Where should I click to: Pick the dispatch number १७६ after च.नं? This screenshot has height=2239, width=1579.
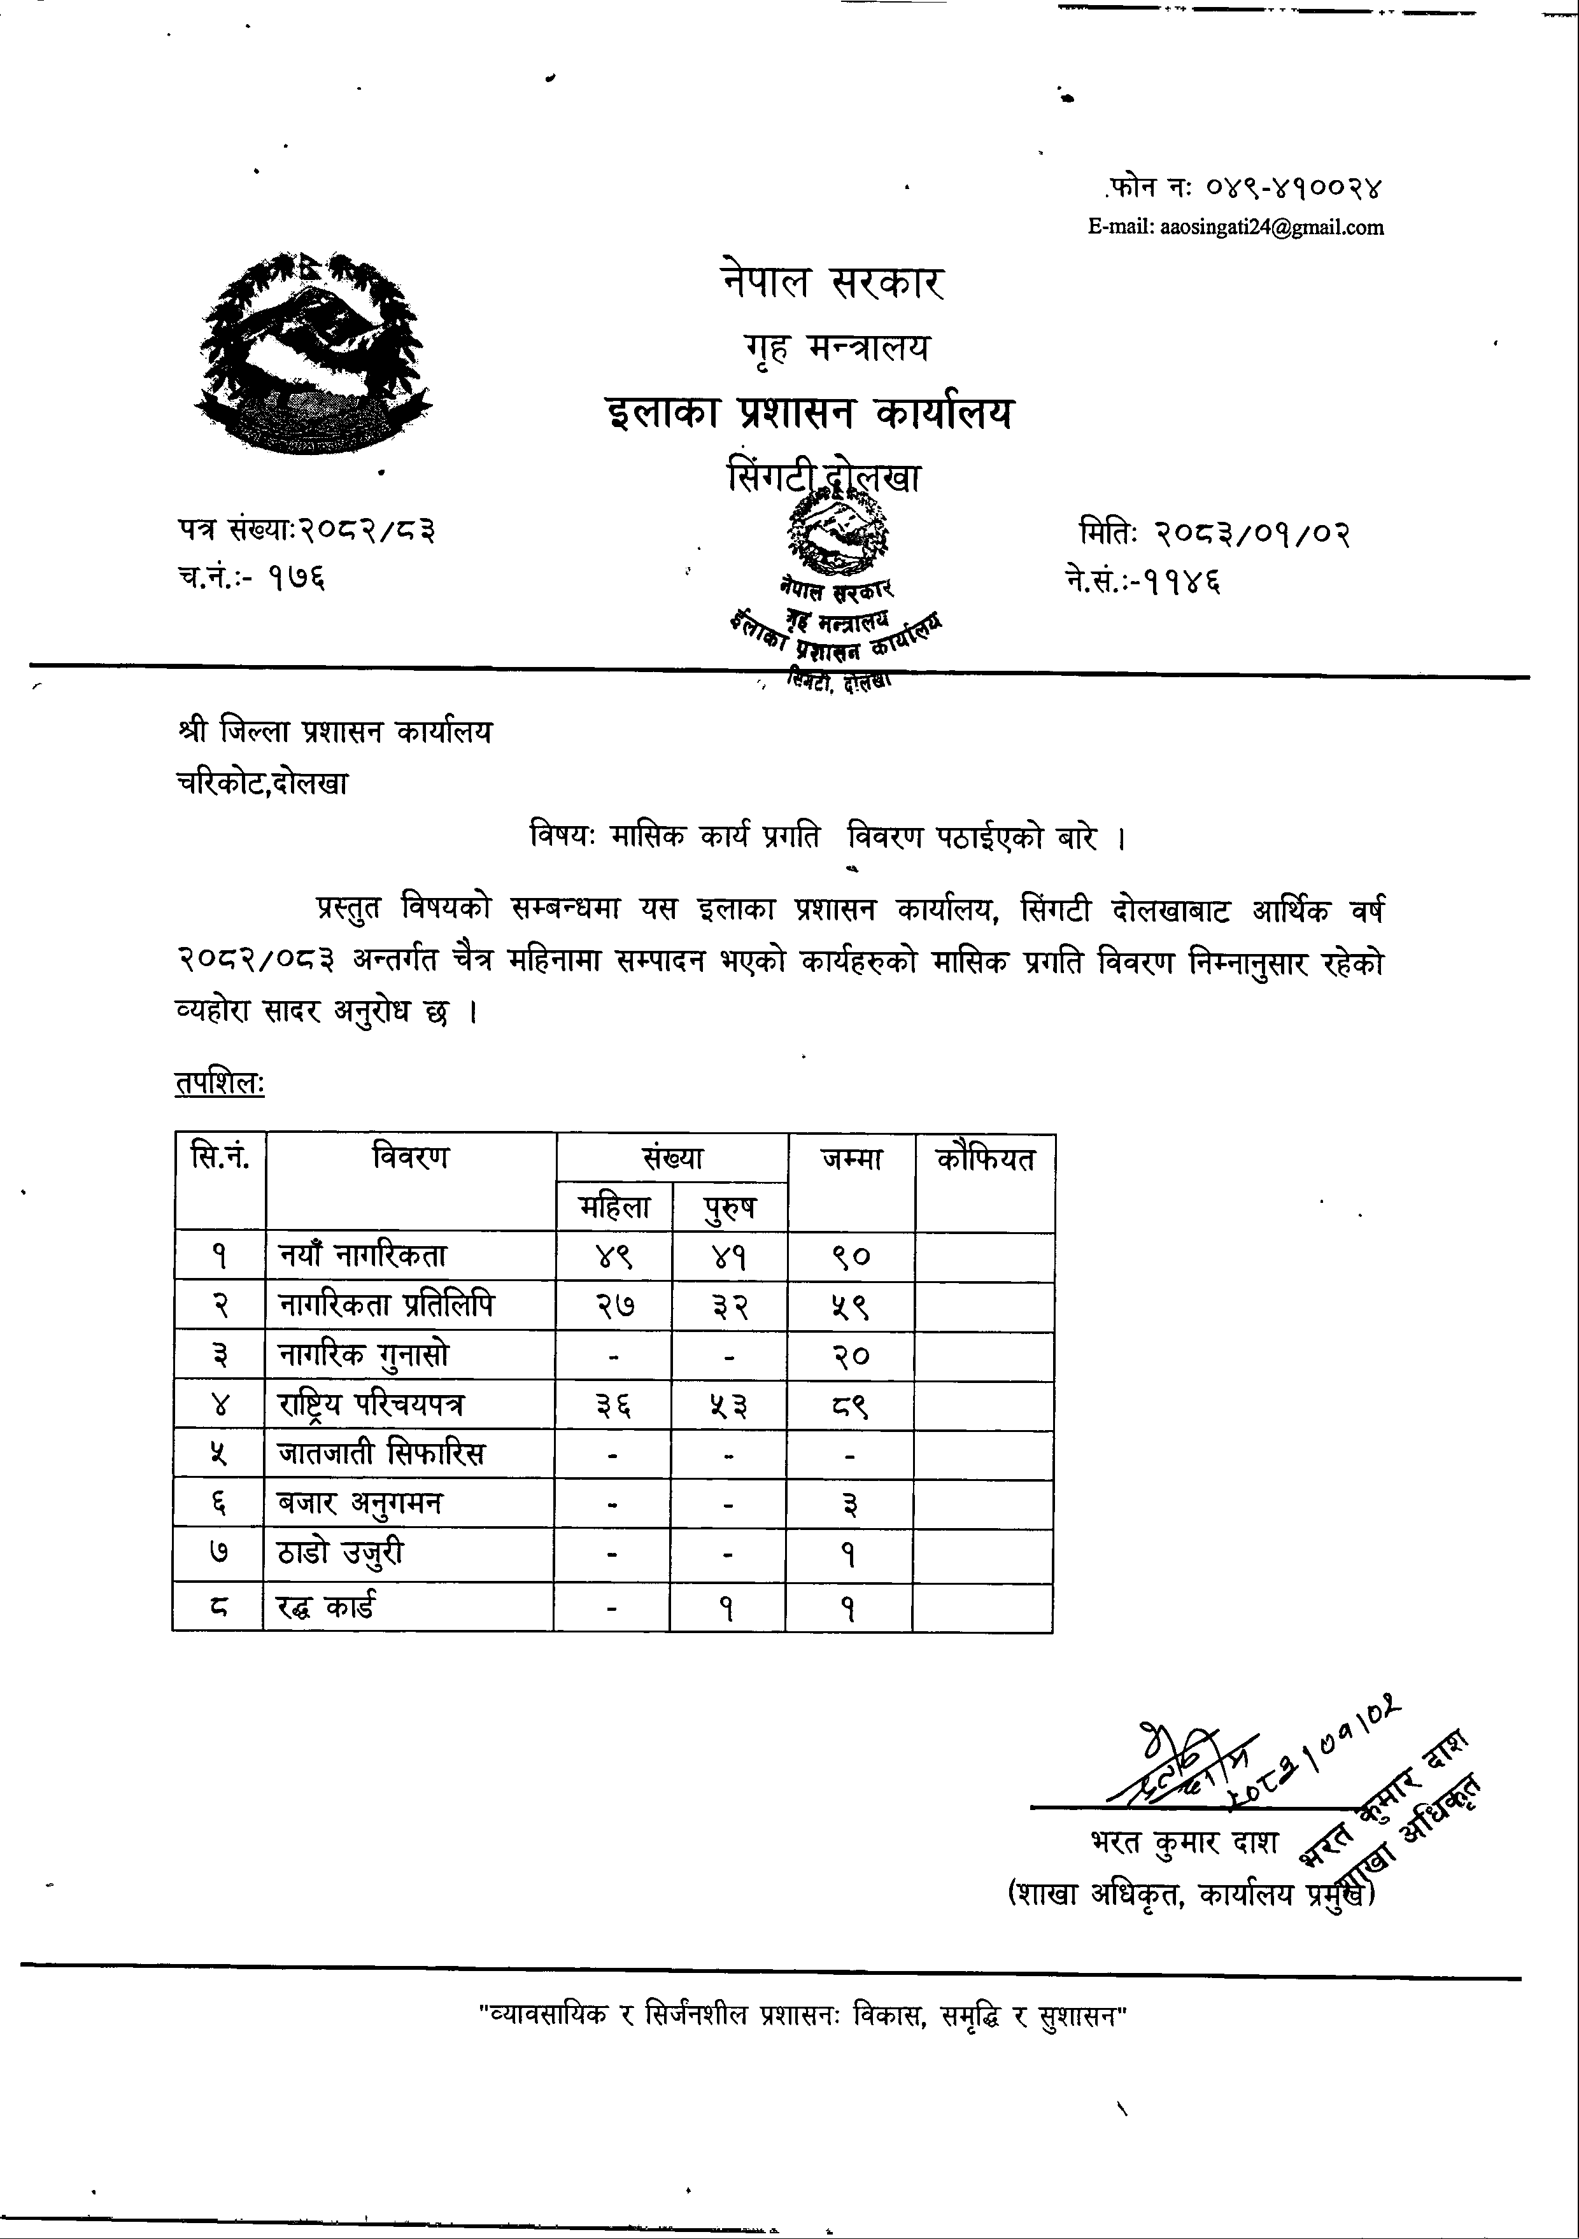(x=297, y=579)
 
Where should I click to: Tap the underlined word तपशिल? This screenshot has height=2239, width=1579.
(x=220, y=1084)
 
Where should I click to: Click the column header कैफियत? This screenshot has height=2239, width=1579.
(x=985, y=1160)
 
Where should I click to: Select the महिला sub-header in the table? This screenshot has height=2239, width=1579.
(x=614, y=1207)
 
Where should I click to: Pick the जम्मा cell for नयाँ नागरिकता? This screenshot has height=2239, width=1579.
(x=851, y=1257)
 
